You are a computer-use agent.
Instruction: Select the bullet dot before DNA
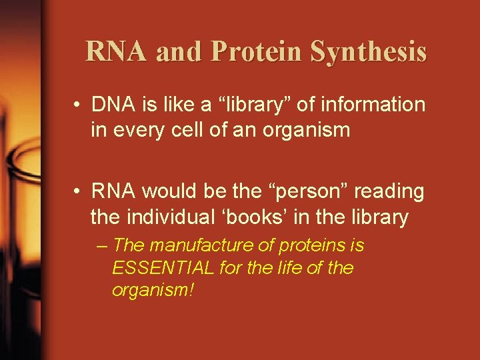pos(79,105)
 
